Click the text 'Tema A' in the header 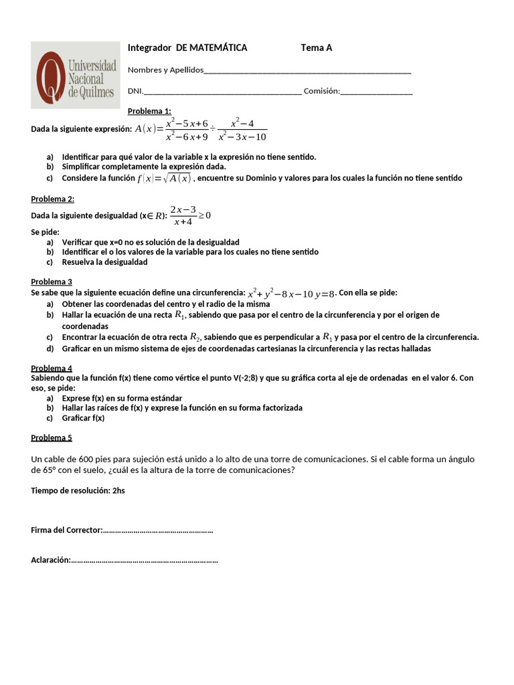coord(317,47)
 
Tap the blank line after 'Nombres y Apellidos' coord(307,71)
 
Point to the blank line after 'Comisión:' coord(377,92)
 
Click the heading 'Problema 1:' coord(149,111)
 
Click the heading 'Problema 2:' coord(53,199)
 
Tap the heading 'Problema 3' coord(52,282)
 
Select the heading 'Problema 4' coord(52,368)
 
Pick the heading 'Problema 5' coord(52,437)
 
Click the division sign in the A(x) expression coord(213,129)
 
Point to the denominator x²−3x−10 coord(242,137)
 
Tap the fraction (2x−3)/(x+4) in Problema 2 coord(183,215)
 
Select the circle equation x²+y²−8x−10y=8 coord(291,293)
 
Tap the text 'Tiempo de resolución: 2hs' coord(78,490)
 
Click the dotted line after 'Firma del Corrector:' coord(157,530)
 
